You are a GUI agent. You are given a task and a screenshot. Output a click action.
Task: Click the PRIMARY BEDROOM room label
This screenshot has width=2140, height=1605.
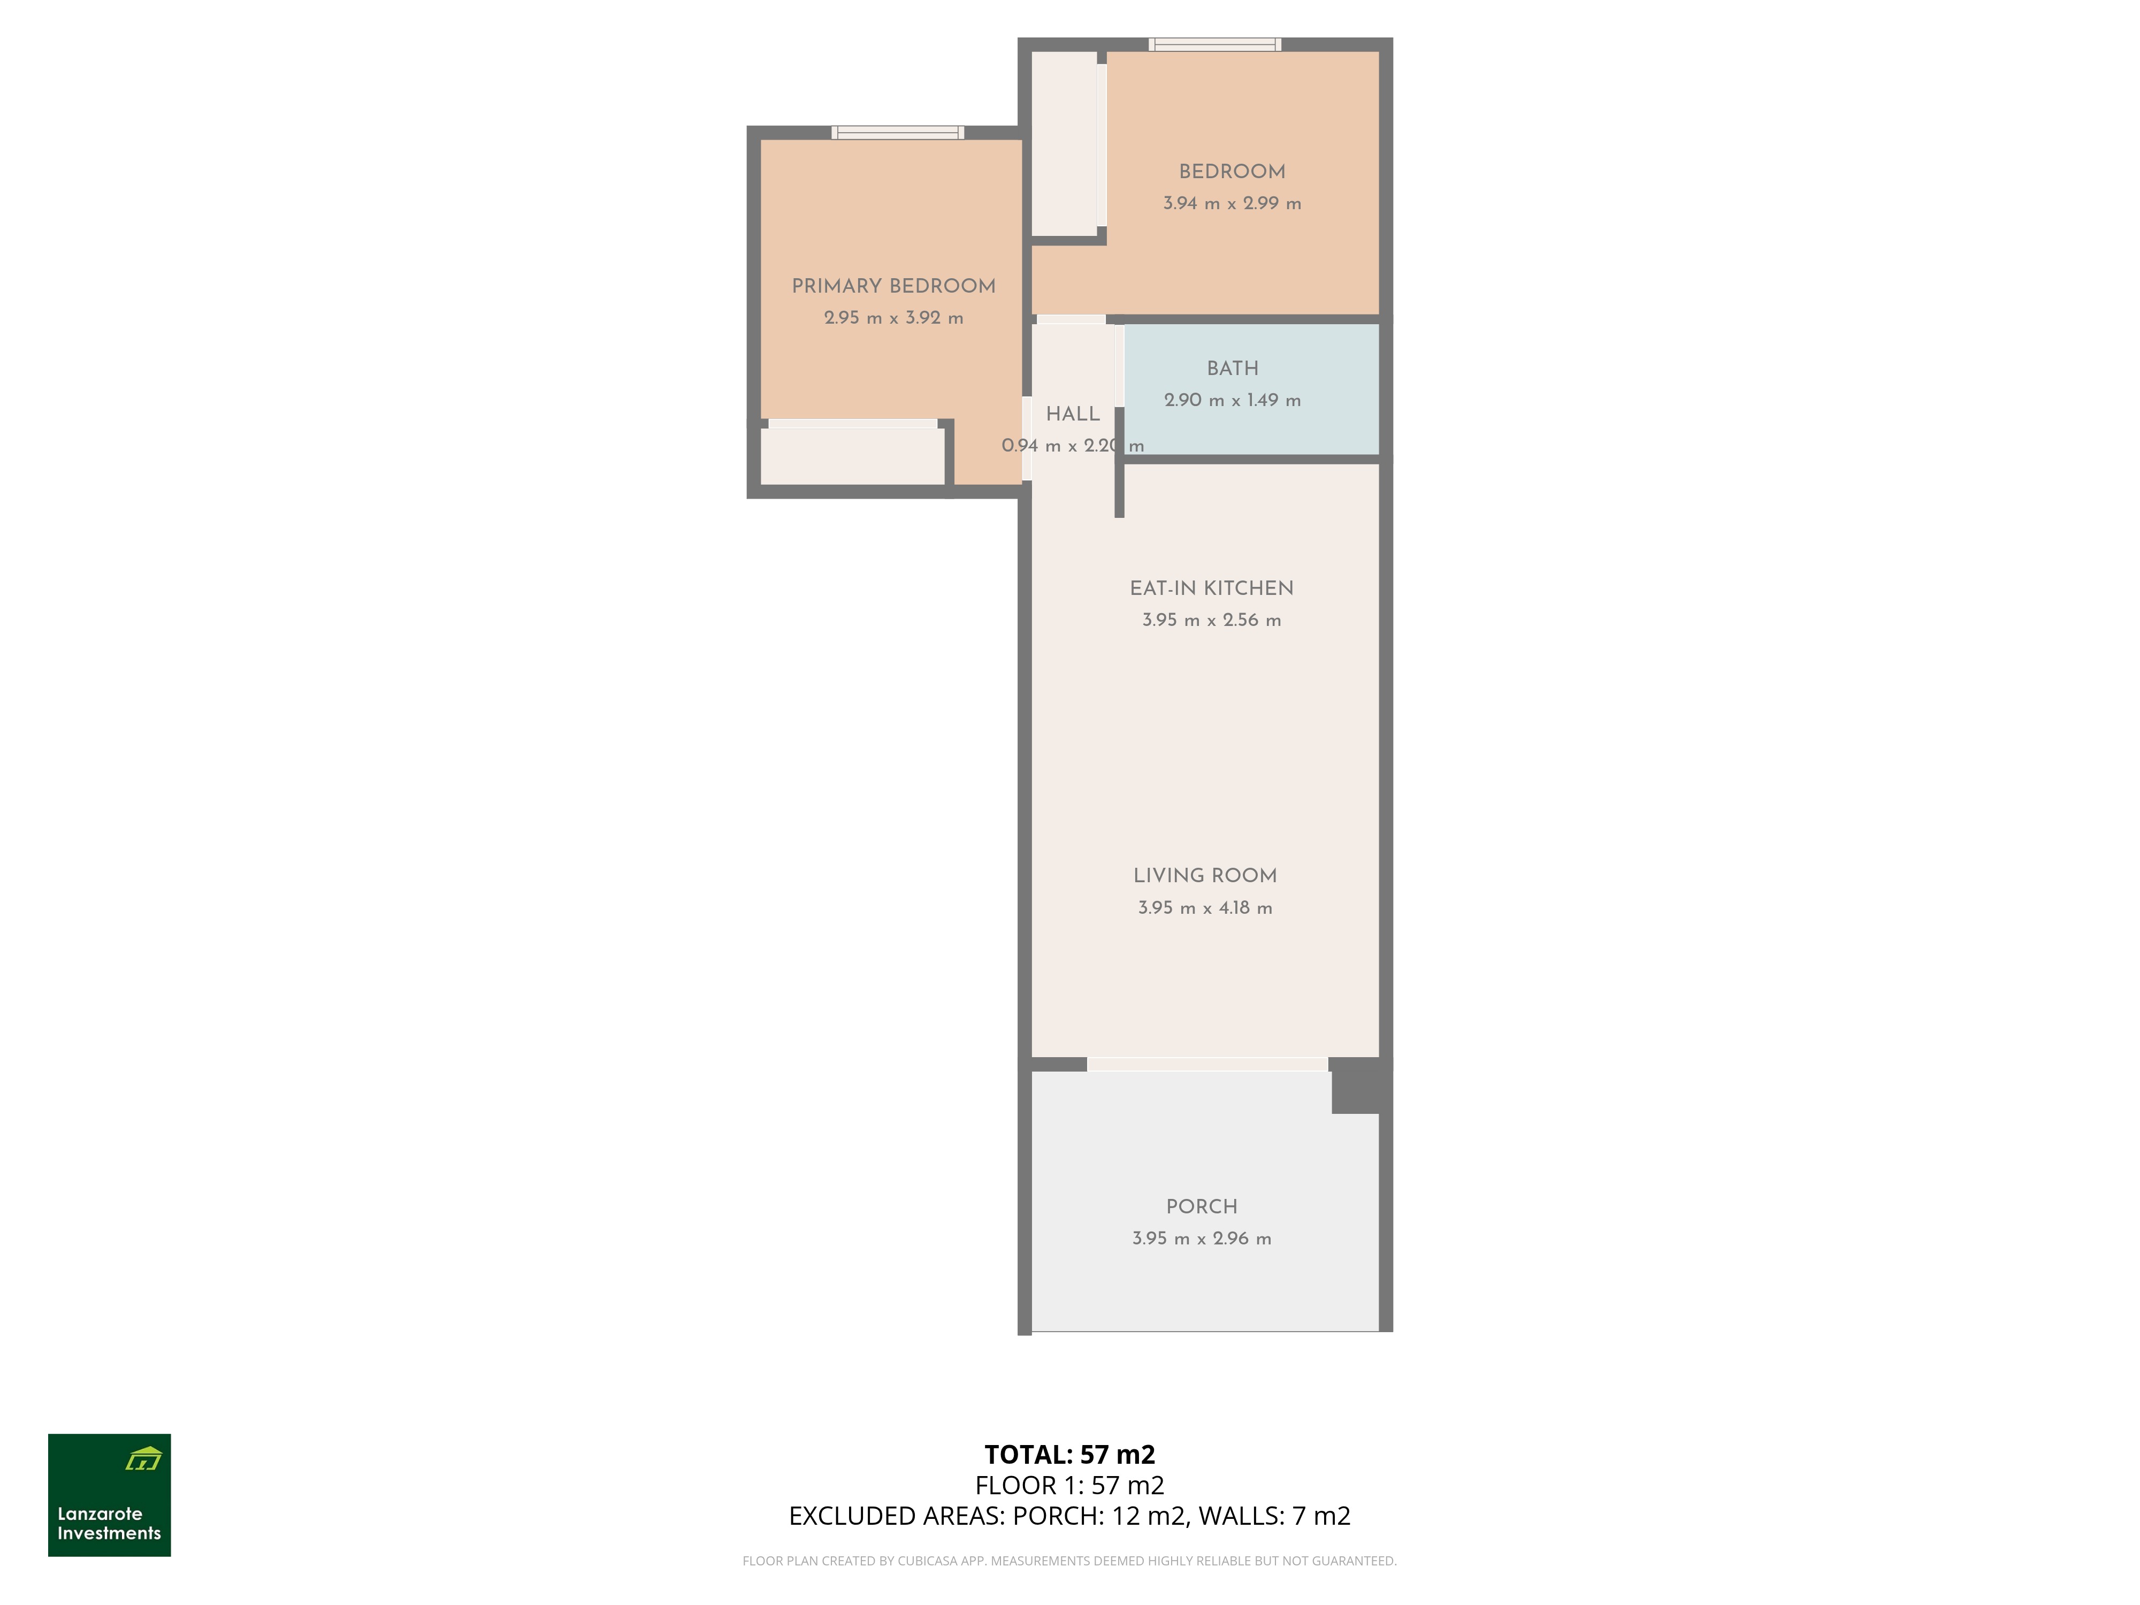coord(893,286)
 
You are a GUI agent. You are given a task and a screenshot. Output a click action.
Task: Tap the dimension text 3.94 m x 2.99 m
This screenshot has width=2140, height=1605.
coord(1232,203)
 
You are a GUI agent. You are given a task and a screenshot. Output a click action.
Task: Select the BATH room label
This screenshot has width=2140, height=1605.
coord(1233,369)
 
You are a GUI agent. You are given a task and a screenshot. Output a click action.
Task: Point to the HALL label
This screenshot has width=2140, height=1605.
coord(1073,414)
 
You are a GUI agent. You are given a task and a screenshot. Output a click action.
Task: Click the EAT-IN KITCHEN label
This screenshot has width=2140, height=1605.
coord(1211,588)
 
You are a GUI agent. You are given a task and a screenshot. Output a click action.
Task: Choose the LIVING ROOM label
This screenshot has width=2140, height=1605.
coord(1205,876)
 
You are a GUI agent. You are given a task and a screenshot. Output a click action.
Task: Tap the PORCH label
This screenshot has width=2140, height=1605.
coord(1202,1206)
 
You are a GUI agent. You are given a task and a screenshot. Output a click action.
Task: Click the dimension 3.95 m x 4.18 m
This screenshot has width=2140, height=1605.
coord(1205,907)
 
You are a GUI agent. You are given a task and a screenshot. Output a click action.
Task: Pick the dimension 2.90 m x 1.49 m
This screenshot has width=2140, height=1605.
coord(1233,401)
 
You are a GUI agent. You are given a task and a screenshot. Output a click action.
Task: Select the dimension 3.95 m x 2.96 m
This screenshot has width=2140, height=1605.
coord(1202,1239)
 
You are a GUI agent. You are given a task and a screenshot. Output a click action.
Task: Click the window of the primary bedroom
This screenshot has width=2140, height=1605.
coord(898,133)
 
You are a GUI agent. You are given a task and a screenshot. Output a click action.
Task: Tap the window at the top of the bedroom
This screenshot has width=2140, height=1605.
coord(1215,44)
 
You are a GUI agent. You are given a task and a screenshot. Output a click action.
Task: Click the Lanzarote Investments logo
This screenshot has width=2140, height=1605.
coord(109,1495)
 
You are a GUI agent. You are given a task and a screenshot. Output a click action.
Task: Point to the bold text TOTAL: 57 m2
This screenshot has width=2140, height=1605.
coord(1070,1454)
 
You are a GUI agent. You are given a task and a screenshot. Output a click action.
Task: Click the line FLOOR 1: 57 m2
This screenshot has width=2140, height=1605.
coord(1070,1485)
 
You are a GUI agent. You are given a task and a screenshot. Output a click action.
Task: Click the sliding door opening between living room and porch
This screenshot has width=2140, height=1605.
coord(1207,1064)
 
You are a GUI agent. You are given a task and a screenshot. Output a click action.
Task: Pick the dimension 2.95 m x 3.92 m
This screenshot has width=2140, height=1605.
coord(893,318)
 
